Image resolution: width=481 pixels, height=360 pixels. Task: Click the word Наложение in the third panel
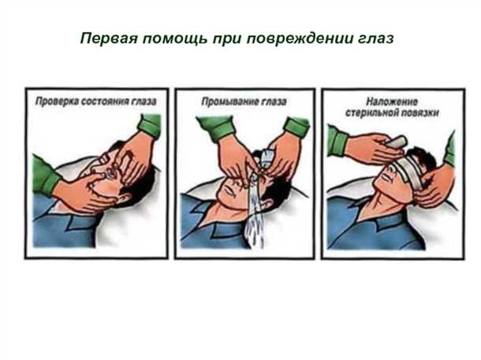pyautogui.click(x=391, y=102)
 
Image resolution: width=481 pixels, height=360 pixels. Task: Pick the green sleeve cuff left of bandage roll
pyautogui.click(x=337, y=142)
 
